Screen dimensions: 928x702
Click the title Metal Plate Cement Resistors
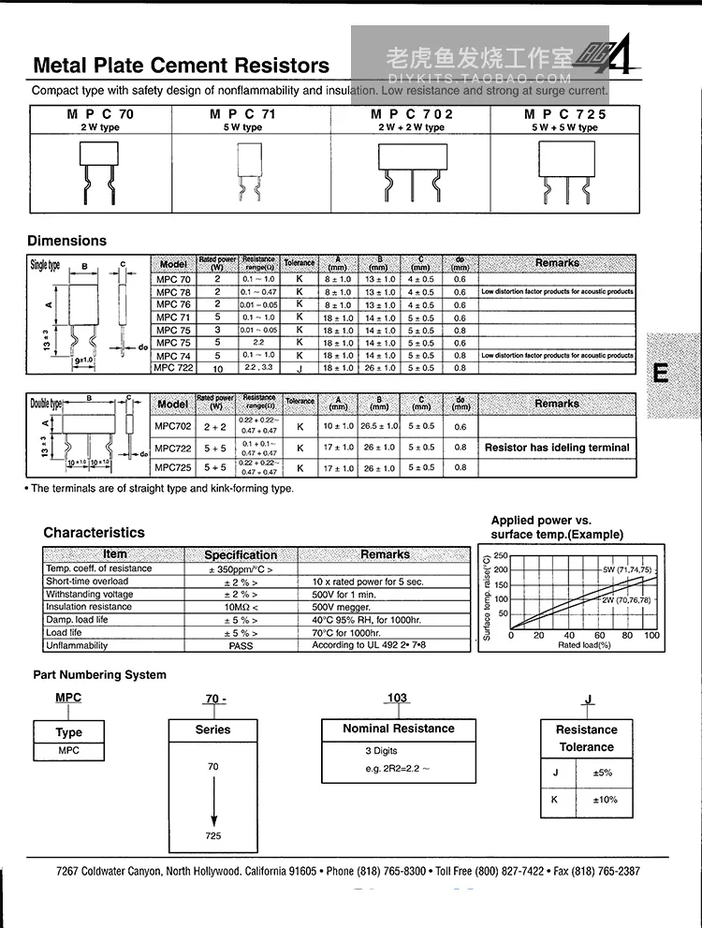pos(182,66)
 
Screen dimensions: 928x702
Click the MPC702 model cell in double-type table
pos(172,426)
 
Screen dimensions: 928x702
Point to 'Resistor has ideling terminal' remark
pos(557,448)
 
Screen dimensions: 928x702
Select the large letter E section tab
pos(661,373)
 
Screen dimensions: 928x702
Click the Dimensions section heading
pos(66,241)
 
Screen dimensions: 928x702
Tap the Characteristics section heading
pos(94,532)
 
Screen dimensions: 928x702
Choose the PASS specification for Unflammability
pos(241,645)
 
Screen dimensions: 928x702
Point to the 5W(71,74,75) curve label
pos(626,570)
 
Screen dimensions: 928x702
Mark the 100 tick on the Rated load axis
pos(652,636)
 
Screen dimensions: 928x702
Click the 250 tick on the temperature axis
pos(500,556)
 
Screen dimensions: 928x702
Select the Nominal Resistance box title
pos(398,729)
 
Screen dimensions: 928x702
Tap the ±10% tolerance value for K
pos(605,800)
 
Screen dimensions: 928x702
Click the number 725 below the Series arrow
pos(213,835)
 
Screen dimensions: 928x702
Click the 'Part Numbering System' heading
pos(99,674)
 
